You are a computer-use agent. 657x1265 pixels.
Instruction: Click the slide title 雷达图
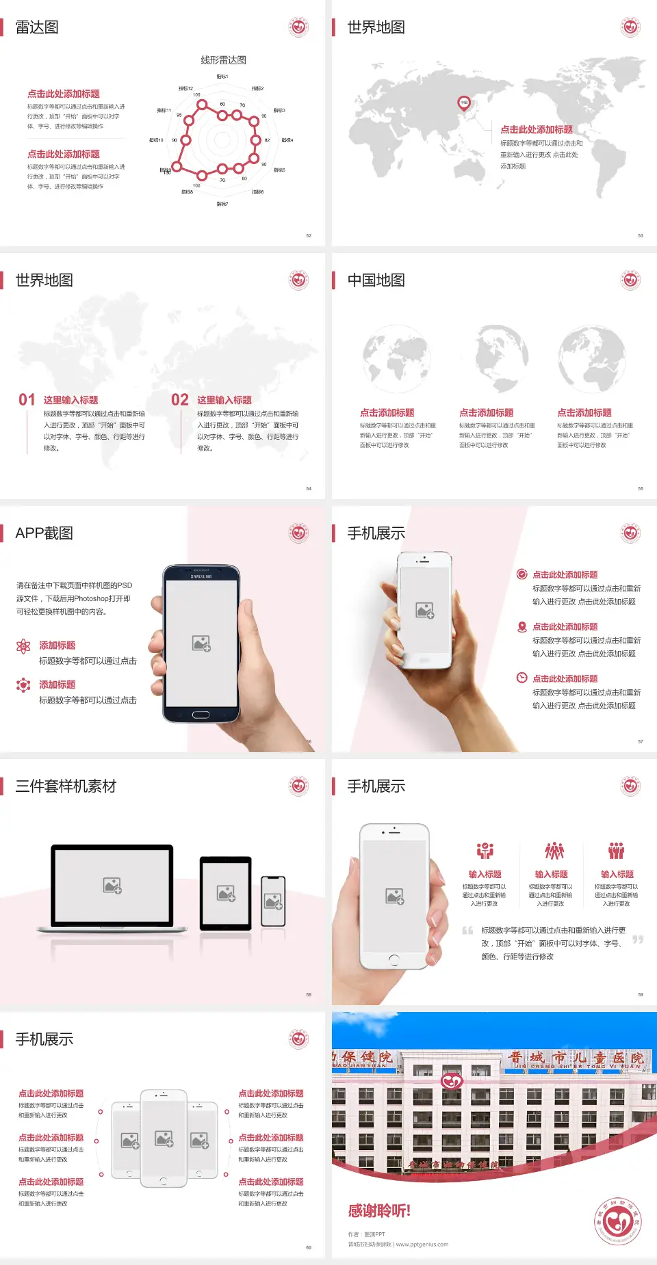(x=37, y=27)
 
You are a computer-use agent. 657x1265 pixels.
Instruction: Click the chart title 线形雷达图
(x=223, y=60)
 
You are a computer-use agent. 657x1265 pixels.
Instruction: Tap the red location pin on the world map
(x=463, y=103)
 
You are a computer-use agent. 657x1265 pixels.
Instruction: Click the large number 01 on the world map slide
(x=27, y=399)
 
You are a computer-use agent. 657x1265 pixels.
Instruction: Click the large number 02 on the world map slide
(x=180, y=399)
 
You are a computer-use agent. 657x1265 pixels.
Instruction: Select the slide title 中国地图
(x=376, y=280)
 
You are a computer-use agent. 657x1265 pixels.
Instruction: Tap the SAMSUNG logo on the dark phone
(x=201, y=576)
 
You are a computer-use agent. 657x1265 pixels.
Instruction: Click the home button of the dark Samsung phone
(x=201, y=715)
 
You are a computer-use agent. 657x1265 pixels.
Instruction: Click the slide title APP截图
(x=44, y=533)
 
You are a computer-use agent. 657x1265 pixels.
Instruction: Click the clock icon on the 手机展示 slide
(x=521, y=678)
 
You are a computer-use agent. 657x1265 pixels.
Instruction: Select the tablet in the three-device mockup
(x=226, y=893)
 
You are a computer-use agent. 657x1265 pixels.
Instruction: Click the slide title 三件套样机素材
(x=66, y=786)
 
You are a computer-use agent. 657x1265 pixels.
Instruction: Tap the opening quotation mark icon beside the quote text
(x=467, y=930)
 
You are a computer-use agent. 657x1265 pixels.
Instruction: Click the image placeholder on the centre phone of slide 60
(x=164, y=1138)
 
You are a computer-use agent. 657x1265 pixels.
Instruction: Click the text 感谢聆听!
(x=379, y=1211)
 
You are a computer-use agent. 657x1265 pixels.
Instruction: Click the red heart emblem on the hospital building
(x=452, y=1081)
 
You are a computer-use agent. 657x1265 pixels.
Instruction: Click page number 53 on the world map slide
(x=641, y=235)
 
